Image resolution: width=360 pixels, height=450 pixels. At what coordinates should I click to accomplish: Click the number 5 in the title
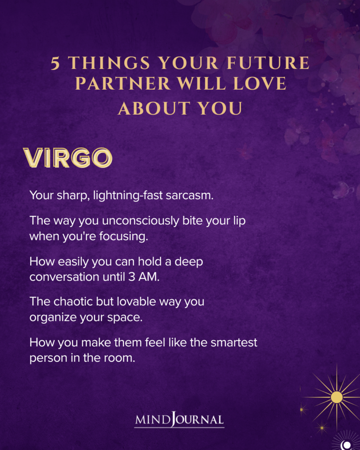(55, 64)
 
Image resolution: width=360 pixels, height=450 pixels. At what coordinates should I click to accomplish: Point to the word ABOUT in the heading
(147, 109)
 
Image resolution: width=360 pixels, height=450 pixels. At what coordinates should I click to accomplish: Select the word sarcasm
(190, 195)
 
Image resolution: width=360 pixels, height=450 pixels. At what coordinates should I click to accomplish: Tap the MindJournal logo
(179, 420)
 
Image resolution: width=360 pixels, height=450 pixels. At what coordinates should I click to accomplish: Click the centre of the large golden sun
(337, 397)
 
